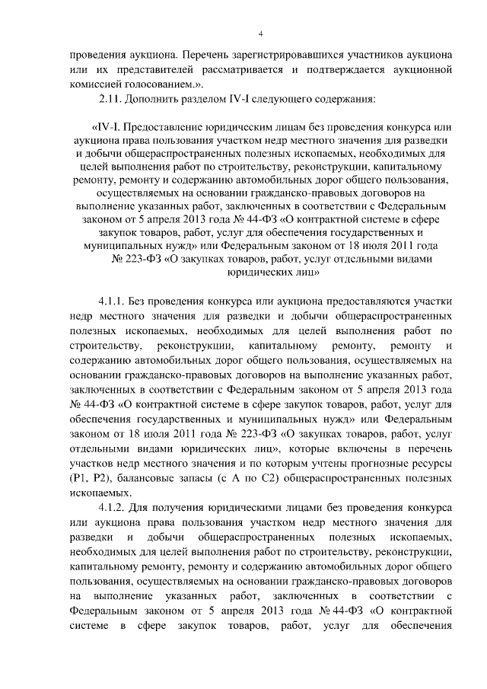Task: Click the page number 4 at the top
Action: [260, 33]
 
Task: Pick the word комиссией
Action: [94, 85]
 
